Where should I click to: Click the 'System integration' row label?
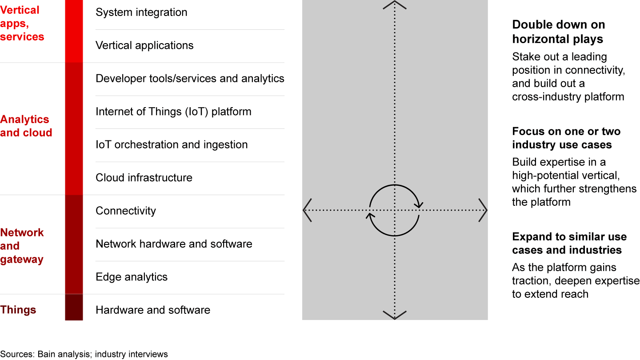click(x=141, y=12)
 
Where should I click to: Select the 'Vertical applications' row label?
click(x=144, y=45)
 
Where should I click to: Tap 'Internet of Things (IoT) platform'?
click(x=173, y=112)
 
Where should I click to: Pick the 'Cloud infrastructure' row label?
click(x=144, y=178)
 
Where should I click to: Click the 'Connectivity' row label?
click(x=126, y=211)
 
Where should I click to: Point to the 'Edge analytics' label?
click(x=132, y=277)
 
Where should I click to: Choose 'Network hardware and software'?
click(x=174, y=244)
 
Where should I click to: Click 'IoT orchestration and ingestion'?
click(x=172, y=144)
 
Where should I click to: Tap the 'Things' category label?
click(x=18, y=310)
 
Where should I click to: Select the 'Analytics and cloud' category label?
click(x=26, y=126)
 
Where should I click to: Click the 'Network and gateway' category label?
click(x=22, y=246)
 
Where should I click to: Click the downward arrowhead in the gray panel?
click(x=395, y=315)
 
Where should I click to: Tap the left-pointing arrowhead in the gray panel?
click(x=306, y=210)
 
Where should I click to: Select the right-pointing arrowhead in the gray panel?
click(x=484, y=210)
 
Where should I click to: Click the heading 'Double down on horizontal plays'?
click(x=558, y=32)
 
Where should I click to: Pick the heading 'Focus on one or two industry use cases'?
click(x=566, y=138)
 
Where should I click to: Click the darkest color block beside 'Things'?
click(x=74, y=308)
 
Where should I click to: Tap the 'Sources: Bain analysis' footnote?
click(x=84, y=354)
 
